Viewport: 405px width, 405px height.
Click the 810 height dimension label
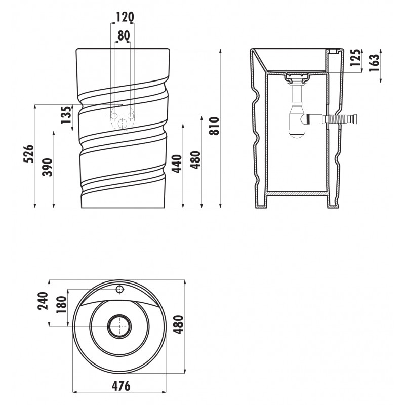coord(214,126)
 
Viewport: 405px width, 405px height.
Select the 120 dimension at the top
coord(125,17)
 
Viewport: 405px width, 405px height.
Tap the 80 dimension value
coord(124,36)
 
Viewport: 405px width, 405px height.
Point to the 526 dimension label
coord(29,153)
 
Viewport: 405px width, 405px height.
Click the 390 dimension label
coord(48,168)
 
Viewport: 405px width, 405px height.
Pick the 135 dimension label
coord(66,115)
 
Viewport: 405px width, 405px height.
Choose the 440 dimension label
coord(177,164)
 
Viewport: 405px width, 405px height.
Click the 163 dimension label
coord(375,63)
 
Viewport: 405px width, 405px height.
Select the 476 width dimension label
coord(121,386)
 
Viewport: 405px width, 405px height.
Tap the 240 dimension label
coord(43,301)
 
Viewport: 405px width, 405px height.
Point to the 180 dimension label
coord(62,305)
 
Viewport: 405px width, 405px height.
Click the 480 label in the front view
coord(195,160)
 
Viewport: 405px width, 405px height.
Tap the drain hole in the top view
coord(119,326)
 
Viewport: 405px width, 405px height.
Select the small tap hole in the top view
coord(119,289)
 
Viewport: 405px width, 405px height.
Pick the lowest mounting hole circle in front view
coord(122,124)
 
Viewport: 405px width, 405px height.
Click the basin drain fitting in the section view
coord(297,77)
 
